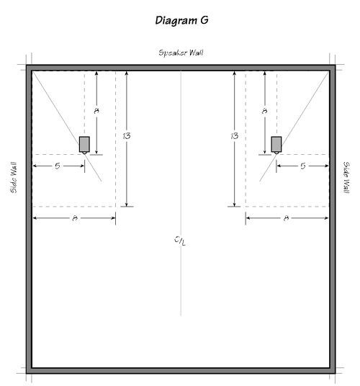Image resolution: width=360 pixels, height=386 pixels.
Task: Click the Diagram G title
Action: pyautogui.click(x=182, y=20)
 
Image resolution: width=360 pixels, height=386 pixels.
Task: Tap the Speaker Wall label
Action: pyautogui.click(x=181, y=53)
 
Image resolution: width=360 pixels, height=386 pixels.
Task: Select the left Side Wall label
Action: pyautogui.click(x=14, y=177)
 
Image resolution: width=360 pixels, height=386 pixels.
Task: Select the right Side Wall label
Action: pyautogui.click(x=346, y=177)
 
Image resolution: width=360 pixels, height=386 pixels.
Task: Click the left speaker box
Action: pyautogui.click(x=84, y=144)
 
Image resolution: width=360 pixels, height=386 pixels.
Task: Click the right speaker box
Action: pyautogui.click(x=276, y=144)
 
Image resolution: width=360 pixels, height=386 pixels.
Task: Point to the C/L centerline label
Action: pyautogui.click(x=180, y=241)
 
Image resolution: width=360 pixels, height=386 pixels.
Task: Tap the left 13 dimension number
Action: pyautogui.click(x=127, y=136)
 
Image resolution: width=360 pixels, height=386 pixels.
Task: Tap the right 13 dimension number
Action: pyautogui.click(x=235, y=136)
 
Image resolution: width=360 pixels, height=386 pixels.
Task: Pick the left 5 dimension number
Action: pyautogui.click(x=58, y=166)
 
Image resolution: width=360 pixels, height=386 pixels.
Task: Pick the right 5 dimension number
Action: pyautogui.click(x=303, y=166)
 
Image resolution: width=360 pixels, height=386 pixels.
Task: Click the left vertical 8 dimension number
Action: pyautogui.click(x=96, y=111)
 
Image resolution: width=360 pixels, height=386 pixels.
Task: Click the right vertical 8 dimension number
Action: pyautogui.click(x=264, y=111)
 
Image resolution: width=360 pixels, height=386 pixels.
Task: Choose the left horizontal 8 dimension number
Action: pyautogui.click(x=75, y=218)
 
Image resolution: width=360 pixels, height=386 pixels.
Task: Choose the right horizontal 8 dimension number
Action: pyautogui.click(x=286, y=218)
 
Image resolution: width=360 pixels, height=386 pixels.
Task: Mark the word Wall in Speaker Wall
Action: pyautogui.click(x=195, y=53)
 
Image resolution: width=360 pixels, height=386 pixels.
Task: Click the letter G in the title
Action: pyautogui.click(x=204, y=20)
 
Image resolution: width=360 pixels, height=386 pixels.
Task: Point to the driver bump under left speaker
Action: pyautogui.click(x=84, y=153)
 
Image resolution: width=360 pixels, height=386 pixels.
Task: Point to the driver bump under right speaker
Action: pyautogui.click(x=276, y=153)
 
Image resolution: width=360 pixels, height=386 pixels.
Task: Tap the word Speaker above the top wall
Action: pyautogui.click(x=172, y=53)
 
